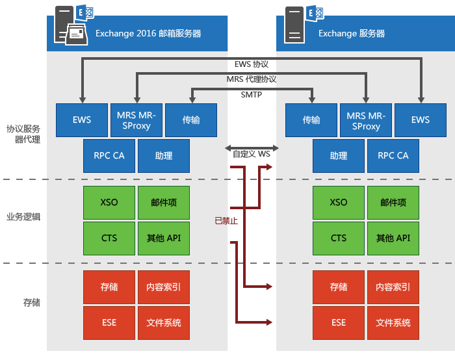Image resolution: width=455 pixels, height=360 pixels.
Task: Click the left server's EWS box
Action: pyautogui.click(x=82, y=120)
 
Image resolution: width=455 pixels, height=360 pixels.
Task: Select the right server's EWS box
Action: pyautogui.click(x=421, y=120)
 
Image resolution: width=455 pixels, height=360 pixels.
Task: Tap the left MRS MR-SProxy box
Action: pyautogui.click(x=136, y=120)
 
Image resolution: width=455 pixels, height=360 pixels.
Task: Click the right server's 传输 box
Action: pyautogui.click(x=311, y=120)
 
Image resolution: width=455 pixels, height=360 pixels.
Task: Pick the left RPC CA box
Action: pyautogui.click(x=109, y=156)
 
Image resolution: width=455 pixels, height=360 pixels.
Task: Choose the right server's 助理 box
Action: pyautogui.click(x=339, y=156)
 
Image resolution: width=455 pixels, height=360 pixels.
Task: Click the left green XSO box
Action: pyautogui.click(x=109, y=203)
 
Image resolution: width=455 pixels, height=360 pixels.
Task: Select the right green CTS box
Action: pyautogui.click(x=339, y=238)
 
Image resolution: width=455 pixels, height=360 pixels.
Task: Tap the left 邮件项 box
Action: pyautogui.click(x=164, y=203)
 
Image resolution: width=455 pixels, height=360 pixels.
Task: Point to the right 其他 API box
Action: pyautogui.click(x=393, y=238)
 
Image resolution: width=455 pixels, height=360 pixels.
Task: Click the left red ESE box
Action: pyautogui.click(x=109, y=323)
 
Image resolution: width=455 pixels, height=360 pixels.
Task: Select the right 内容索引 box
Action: pyautogui.click(x=393, y=287)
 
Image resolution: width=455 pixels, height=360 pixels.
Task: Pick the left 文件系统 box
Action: pyautogui.click(x=164, y=323)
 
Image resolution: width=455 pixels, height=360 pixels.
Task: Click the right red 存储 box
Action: pyautogui.click(x=339, y=287)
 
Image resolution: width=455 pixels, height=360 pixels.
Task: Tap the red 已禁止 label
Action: pyautogui.click(x=226, y=220)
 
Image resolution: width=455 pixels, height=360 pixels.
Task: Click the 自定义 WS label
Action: pyautogui.click(x=252, y=155)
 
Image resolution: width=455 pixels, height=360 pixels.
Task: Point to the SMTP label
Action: pyautogui.click(x=252, y=95)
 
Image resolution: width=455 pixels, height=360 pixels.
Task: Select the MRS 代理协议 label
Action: pyautogui.click(x=252, y=79)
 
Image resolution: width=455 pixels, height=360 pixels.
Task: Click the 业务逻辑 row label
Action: pyautogui.click(x=23, y=217)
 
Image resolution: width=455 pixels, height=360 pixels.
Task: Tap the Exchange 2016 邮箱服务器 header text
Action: pyautogui.click(x=148, y=34)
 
